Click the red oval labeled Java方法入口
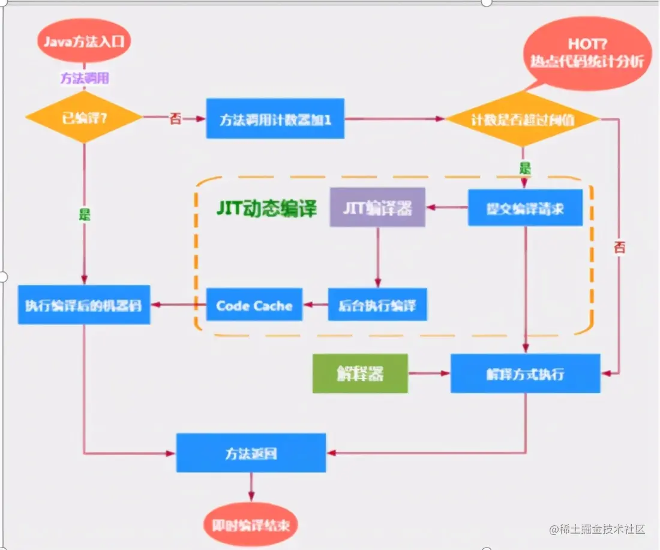pos(85,43)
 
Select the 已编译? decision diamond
pos(84,118)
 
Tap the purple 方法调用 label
pos(85,78)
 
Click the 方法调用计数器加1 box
pos(275,119)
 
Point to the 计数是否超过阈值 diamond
pos(523,119)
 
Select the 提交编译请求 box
pos(525,208)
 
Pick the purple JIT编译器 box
pos(377,208)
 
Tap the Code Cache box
pos(254,305)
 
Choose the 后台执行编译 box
pos(377,305)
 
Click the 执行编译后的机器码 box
pos(84,304)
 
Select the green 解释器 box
pos(360,373)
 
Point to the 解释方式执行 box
pos(525,373)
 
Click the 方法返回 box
pos(251,453)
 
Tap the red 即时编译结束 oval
pos(251,524)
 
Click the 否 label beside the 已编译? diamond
pos(175,119)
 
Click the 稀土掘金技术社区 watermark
pos(597,529)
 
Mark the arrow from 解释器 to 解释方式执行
pos(429,373)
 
